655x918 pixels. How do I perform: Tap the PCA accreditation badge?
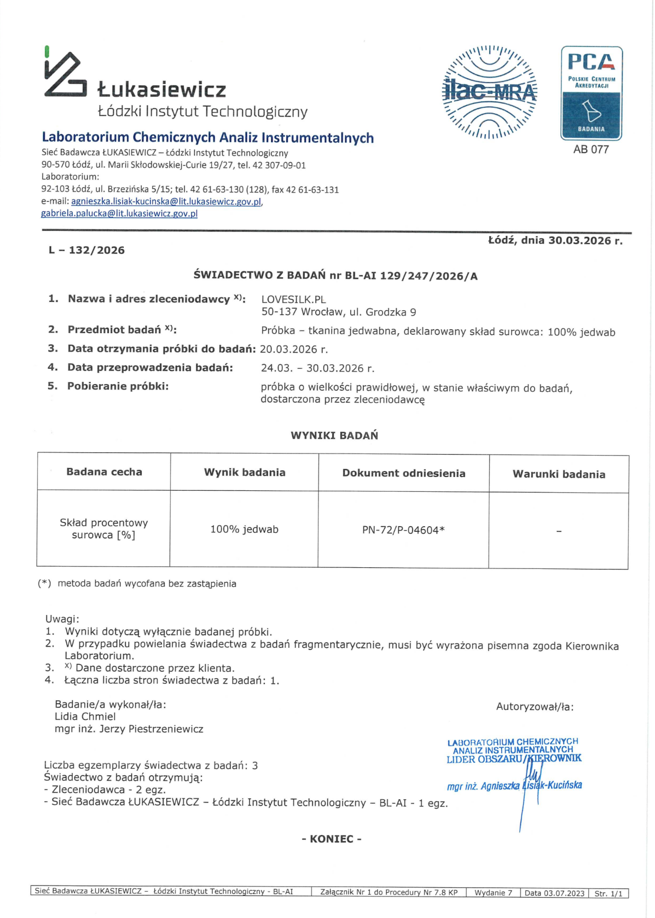pyautogui.click(x=591, y=93)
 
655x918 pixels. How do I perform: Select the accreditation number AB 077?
pyautogui.click(x=591, y=149)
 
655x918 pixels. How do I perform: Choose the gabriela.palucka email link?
pyautogui.click(x=119, y=213)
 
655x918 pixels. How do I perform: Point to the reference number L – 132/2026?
pyautogui.click(x=86, y=250)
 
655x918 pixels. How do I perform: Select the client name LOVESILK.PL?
pyautogui.click(x=293, y=299)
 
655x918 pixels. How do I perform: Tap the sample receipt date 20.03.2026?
pyautogui.click(x=293, y=349)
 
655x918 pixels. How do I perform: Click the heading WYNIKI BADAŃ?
pyautogui.click(x=334, y=435)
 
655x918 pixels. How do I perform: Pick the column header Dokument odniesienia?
pyautogui.click(x=403, y=473)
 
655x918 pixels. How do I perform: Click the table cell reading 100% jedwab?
pyautogui.click(x=244, y=529)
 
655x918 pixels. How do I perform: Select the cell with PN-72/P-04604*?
pyautogui.click(x=403, y=530)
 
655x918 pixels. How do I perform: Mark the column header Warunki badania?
pyautogui.click(x=559, y=474)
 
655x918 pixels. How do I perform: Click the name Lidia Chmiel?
pyautogui.click(x=85, y=716)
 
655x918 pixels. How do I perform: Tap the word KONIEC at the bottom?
pyautogui.click(x=332, y=839)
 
